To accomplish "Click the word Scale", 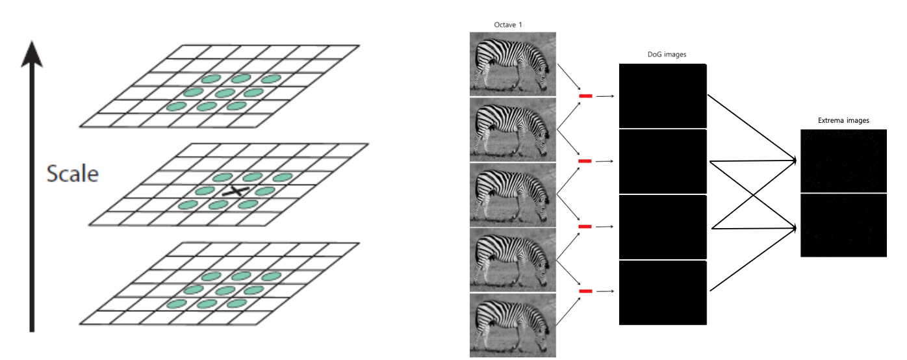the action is (x=72, y=174).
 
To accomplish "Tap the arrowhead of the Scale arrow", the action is (x=32, y=54).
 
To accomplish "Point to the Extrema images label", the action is (x=843, y=121).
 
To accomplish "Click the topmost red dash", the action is (x=585, y=96).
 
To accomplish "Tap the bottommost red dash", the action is (x=585, y=291).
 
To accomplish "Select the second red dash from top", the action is (x=585, y=161).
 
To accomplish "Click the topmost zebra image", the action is (x=513, y=64).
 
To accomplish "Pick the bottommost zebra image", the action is (x=513, y=325).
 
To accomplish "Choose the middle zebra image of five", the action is (x=513, y=194).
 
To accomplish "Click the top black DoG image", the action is (x=662, y=96).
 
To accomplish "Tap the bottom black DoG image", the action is (x=662, y=292).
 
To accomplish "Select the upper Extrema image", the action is (x=843, y=160).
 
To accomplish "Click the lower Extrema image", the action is (x=843, y=225).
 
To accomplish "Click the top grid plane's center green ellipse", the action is (x=224, y=92).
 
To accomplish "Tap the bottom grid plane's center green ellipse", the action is (x=224, y=290).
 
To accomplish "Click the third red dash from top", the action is (x=585, y=226).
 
